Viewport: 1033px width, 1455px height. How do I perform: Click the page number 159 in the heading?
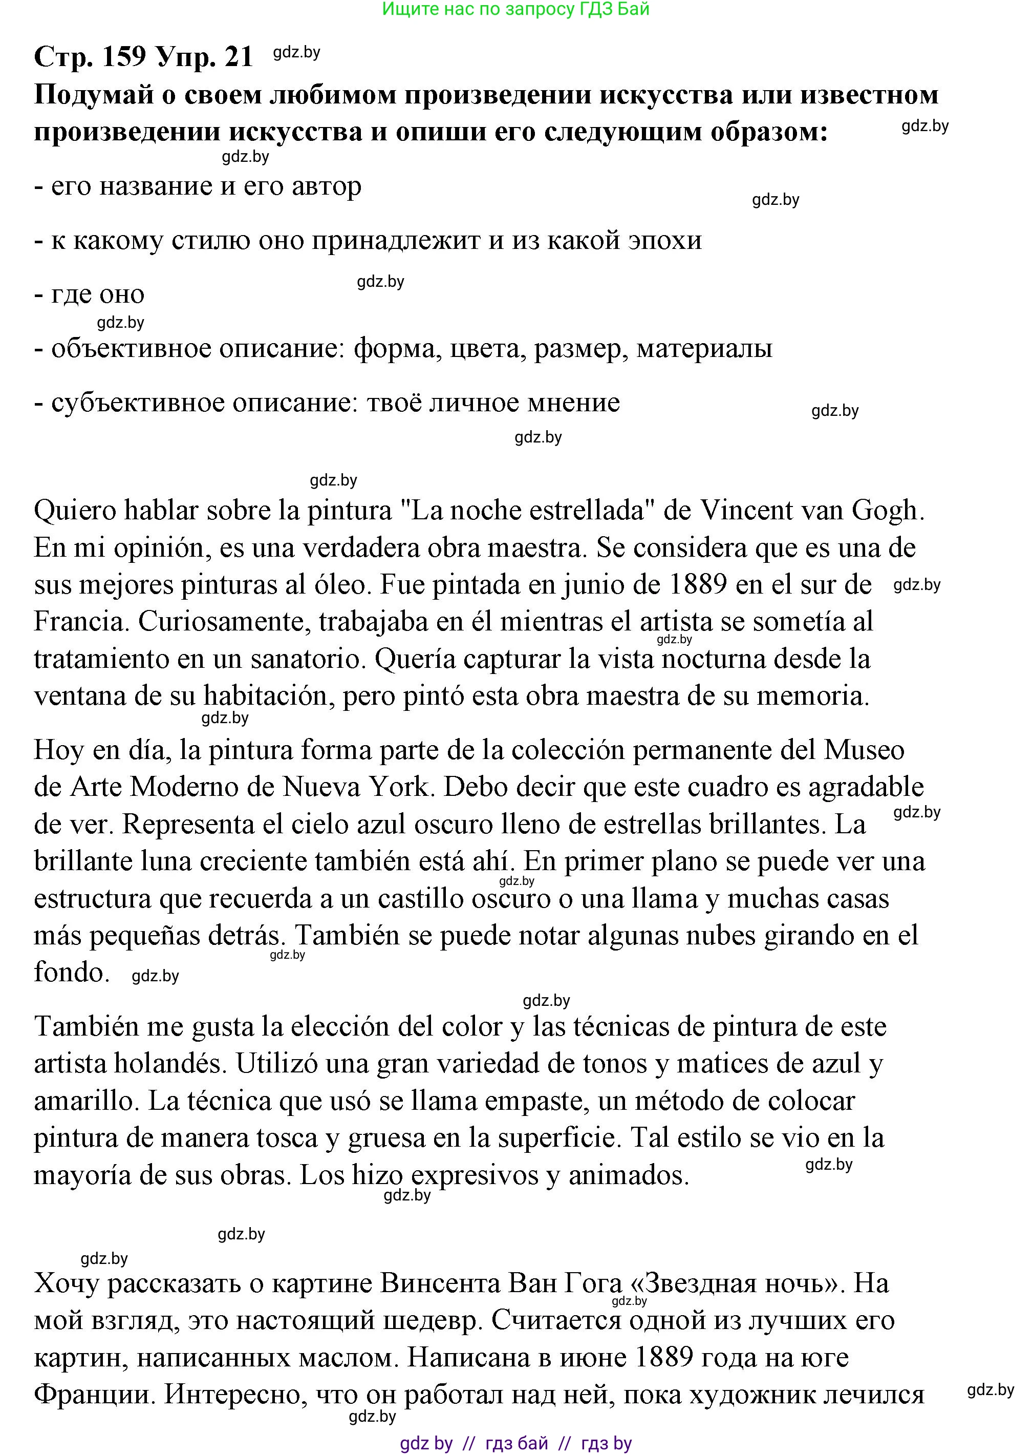pyautogui.click(x=123, y=57)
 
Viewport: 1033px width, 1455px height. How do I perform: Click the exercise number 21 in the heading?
pyautogui.click(x=239, y=57)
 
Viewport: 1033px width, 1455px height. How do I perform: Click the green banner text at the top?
pyautogui.click(x=515, y=9)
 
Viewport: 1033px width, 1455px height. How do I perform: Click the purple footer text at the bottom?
pyautogui.click(x=515, y=1443)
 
